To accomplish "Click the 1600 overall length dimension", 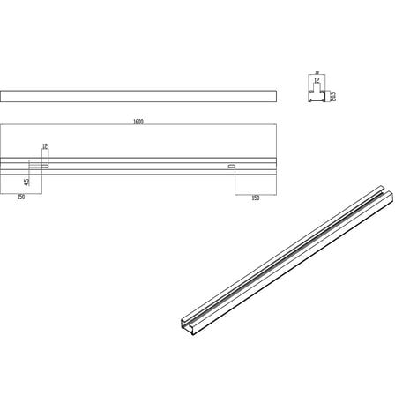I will (139, 122).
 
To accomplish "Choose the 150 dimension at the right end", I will (257, 198).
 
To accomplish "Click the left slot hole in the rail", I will (39, 165).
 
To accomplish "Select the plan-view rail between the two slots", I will (139, 165).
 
